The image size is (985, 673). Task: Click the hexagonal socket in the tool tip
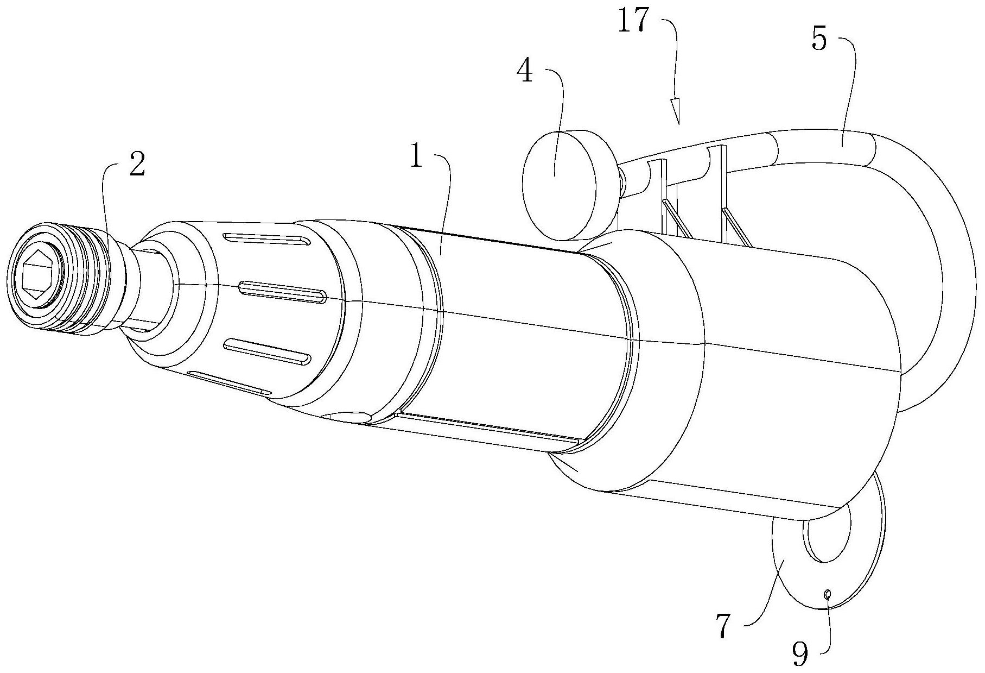(x=36, y=275)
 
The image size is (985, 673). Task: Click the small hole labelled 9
(x=827, y=595)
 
